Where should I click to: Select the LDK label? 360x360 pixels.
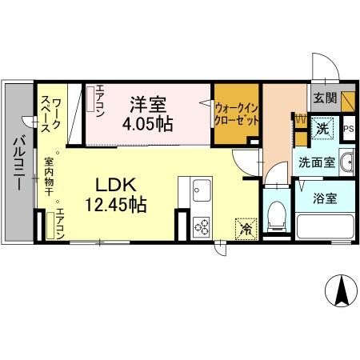115,185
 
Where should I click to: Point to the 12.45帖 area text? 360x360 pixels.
115,205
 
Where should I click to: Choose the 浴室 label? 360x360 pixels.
325,197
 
